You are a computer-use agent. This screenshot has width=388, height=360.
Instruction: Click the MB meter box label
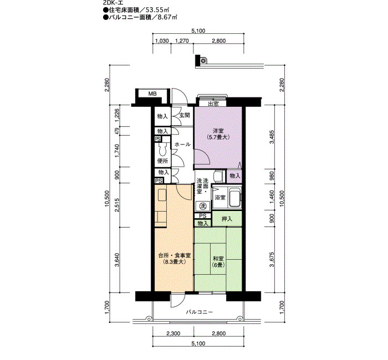pos(152,94)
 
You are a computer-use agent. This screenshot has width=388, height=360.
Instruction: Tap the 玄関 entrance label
pos(185,115)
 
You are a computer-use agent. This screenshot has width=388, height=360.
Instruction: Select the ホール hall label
pos(182,145)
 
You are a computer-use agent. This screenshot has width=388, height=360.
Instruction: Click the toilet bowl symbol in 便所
pos(162,150)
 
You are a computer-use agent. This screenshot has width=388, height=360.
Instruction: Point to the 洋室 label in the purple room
pos(218,131)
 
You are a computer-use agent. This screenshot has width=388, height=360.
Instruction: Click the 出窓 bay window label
pos(213,104)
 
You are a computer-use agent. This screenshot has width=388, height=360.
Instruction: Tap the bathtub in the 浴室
pos(234,198)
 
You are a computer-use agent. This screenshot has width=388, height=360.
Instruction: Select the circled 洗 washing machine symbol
pos(203,205)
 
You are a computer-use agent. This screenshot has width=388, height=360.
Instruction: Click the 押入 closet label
pos(227,219)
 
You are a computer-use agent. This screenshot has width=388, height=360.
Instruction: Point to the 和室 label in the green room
pos(218,259)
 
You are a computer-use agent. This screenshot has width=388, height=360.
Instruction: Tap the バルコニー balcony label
pos(199,312)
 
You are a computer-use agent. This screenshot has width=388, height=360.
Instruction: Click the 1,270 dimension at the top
pos(182,41)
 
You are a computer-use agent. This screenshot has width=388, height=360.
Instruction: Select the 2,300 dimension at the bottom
pos(173,334)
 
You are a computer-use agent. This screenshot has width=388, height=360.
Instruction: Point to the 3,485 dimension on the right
pos(272,137)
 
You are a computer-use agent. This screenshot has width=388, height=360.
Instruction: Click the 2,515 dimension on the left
pos(117,205)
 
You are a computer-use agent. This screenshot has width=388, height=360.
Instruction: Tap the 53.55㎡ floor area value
pos(157,10)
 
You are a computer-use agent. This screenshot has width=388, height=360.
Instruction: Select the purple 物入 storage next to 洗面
pos(235,176)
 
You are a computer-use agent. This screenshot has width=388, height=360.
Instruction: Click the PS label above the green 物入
pos(203,216)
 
